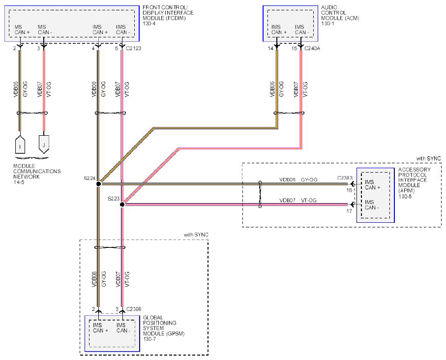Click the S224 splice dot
point(98,184)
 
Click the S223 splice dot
point(122,204)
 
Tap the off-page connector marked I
point(20,145)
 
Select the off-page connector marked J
point(44,145)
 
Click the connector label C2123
point(134,48)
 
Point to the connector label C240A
point(312,48)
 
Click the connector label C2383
point(345,178)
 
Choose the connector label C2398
point(134,309)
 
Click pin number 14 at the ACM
point(270,48)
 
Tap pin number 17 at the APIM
point(349,211)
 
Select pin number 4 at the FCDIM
point(93,48)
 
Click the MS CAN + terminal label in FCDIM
point(22,30)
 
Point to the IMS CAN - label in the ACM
point(302,30)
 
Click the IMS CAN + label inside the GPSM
point(100,328)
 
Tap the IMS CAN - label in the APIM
point(372,205)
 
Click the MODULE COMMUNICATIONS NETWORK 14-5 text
point(37,174)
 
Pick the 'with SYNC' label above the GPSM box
point(196,235)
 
